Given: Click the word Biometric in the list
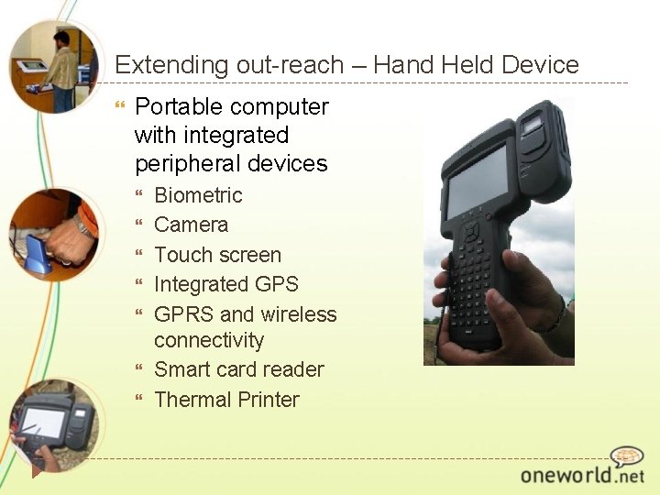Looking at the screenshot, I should coord(198,195).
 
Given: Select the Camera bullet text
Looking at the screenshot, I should coord(191,225).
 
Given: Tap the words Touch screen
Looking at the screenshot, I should coord(217,255).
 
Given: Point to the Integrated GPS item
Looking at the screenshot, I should coord(225,284).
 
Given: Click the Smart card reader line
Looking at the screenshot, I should coord(238,369).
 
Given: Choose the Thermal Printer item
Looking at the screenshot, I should coord(226,400).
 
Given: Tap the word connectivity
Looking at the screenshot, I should coord(209,341).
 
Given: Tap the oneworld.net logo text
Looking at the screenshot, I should coord(582,474).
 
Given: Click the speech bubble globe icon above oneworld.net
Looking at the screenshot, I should coord(628,456).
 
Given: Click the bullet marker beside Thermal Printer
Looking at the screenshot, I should coord(140,400).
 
